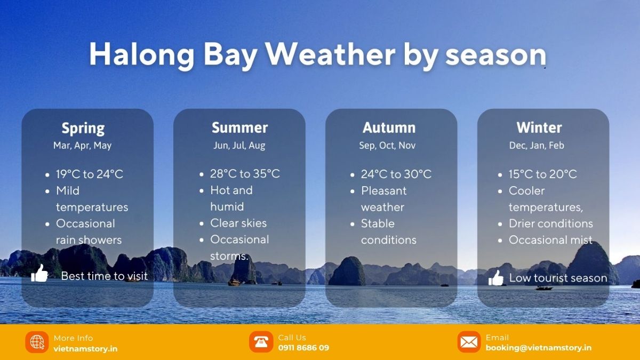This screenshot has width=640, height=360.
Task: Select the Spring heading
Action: pyautogui.click(x=83, y=128)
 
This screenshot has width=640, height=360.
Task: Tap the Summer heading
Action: pyautogui.click(x=239, y=128)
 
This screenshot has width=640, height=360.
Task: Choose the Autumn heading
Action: pyautogui.click(x=389, y=128)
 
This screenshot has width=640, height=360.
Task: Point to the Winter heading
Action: pyautogui.click(x=539, y=128)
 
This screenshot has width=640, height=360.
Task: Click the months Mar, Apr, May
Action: pyautogui.click(x=83, y=145)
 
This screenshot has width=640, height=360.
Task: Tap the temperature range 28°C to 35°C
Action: pyautogui.click(x=245, y=174)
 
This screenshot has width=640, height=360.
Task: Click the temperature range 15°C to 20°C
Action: pyautogui.click(x=542, y=174)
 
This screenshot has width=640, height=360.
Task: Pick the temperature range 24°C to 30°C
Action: pyautogui.click(x=396, y=174)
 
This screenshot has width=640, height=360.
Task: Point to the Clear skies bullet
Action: pyautogui.click(x=238, y=223)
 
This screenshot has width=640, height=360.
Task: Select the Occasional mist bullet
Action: pyautogui.click(x=550, y=240)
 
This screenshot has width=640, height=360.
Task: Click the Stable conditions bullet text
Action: pyautogui.click(x=388, y=231)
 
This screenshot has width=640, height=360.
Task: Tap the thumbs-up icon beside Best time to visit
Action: pyautogui.click(x=39, y=274)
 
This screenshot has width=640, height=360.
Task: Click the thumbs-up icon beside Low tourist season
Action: pyautogui.click(x=496, y=277)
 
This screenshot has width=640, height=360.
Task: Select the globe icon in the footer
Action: pyautogui.click(x=37, y=342)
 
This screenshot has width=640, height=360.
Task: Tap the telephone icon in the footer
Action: pyautogui.click(x=261, y=342)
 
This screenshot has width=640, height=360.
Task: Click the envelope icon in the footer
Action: pyautogui.click(x=469, y=342)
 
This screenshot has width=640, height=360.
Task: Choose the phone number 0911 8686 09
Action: pyautogui.click(x=303, y=348)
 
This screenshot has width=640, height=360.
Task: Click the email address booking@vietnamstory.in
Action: pyautogui.click(x=538, y=348)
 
